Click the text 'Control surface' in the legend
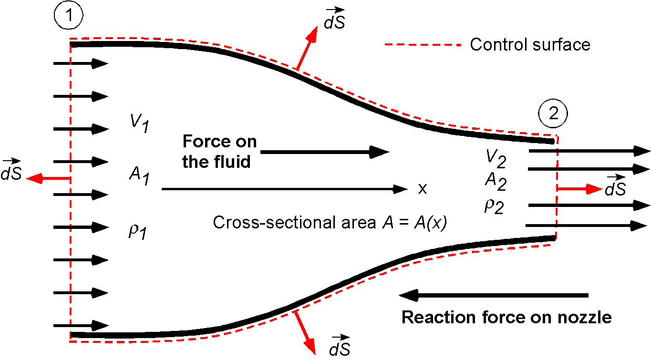pyautogui.click(x=530, y=45)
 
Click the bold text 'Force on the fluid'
pyautogui.click(x=219, y=152)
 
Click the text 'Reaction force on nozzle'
pyautogui.click(x=506, y=317)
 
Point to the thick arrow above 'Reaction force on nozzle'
pyautogui.click(x=494, y=296)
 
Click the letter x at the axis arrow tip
pyautogui.click(x=422, y=189)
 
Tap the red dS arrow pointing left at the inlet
pyautogui.click(x=48, y=179)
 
